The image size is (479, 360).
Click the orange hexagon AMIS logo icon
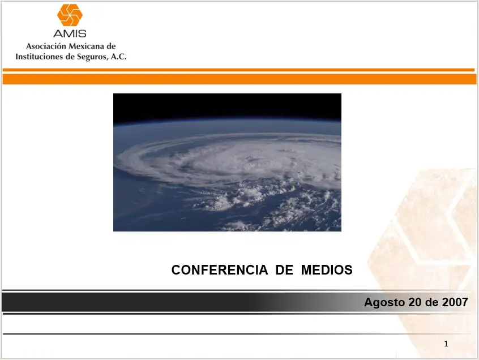pyautogui.click(x=70, y=15)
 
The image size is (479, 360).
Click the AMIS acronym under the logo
pyautogui.click(x=70, y=33)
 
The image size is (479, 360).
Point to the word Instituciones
pyautogui.click(x=39, y=57)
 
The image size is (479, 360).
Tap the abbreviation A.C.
pyautogui.click(x=119, y=57)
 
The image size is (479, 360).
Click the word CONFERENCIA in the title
pyautogui.click(x=220, y=270)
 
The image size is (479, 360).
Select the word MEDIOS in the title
pyautogui.click(x=327, y=270)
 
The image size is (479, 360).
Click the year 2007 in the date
pyautogui.click(x=456, y=302)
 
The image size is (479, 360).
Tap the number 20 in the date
pyautogui.click(x=415, y=302)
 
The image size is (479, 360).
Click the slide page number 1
pyautogui.click(x=446, y=344)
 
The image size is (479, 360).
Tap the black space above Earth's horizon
pyautogui.click(x=226, y=105)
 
